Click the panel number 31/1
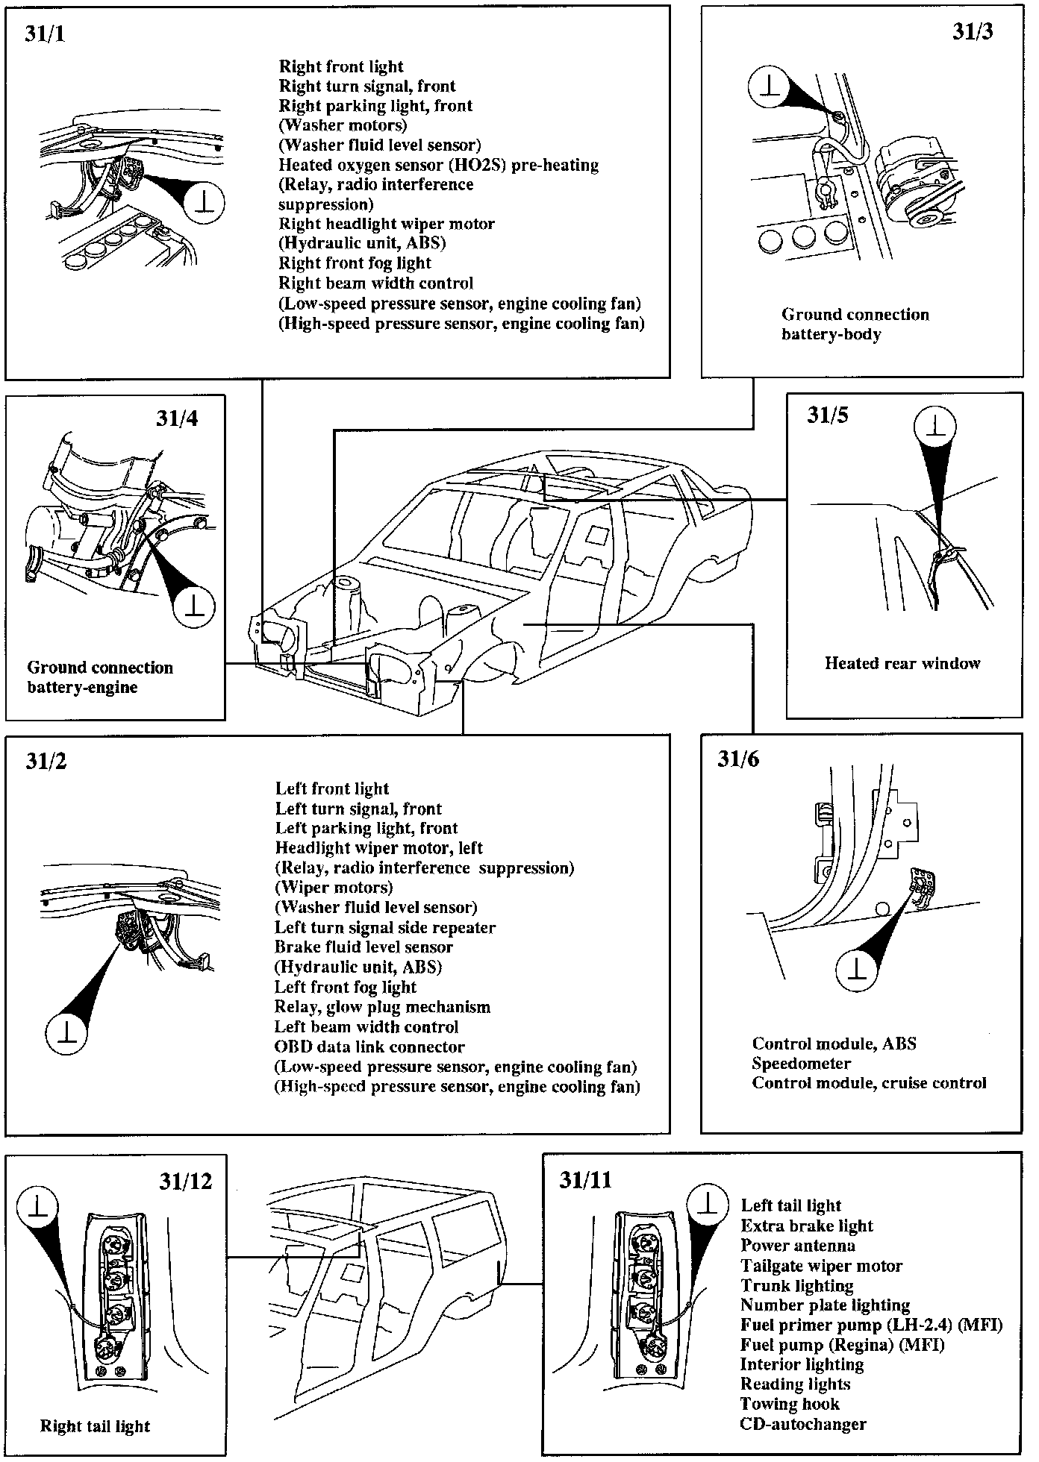(x=45, y=35)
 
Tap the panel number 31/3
(x=973, y=32)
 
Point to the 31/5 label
(x=827, y=415)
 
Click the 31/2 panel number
(x=46, y=761)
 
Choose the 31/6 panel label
(x=738, y=759)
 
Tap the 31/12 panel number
(x=185, y=1182)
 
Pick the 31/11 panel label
(x=585, y=1180)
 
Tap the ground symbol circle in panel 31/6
(x=859, y=969)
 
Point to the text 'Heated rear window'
(x=902, y=663)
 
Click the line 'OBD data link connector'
(x=369, y=1047)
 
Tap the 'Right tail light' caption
(x=95, y=1426)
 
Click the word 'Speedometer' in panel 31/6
(x=801, y=1064)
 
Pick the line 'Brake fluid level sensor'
(x=364, y=947)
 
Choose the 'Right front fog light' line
(x=355, y=263)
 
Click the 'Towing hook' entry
(x=790, y=1404)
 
